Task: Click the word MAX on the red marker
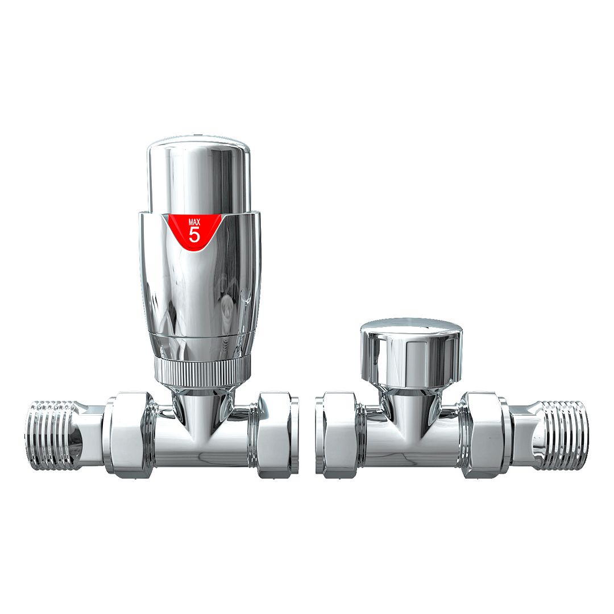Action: click(194, 221)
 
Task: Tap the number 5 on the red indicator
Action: click(194, 234)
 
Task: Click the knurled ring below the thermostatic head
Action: click(202, 369)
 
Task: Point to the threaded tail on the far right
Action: click(563, 435)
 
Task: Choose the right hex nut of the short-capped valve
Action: click(483, 433)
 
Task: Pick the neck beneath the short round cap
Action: click(410, 404)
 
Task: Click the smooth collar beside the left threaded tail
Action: click(90, 435)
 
